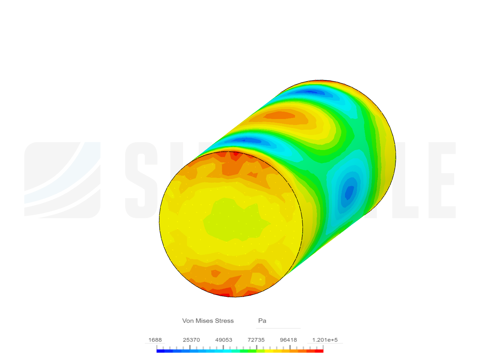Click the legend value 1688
[155, 340]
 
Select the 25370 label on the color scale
[191, 340]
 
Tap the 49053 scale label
[224, 340]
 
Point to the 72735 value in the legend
[256, 340]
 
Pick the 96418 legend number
[288, 340]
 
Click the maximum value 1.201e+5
[325, 340]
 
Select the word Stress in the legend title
[224, 321]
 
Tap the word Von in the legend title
[188, 321]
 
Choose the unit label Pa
[262, 321]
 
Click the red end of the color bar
[320, 351]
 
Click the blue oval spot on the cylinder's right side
[349, 192]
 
